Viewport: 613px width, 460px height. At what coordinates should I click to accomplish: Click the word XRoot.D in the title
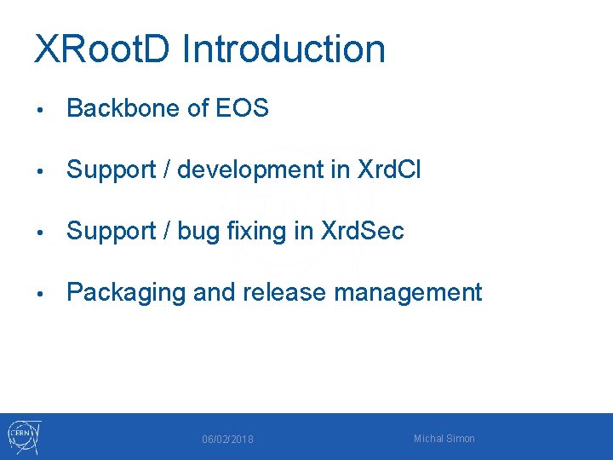coord(102,49)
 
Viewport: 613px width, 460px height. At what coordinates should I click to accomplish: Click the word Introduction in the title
coord(284,49)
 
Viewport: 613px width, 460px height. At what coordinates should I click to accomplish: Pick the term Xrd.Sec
coord(362,231)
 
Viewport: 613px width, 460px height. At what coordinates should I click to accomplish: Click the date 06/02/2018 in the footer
coord(227,440)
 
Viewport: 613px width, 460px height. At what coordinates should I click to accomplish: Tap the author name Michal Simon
coord(444,439)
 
